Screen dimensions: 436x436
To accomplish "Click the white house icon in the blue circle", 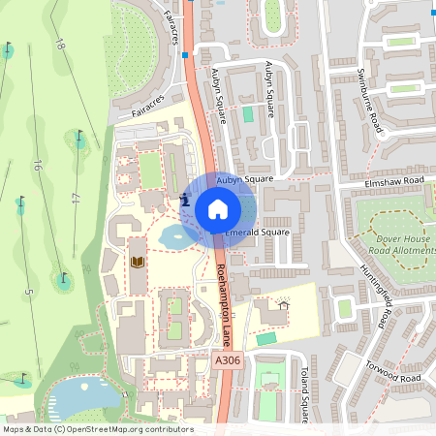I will click(x=218, y=208).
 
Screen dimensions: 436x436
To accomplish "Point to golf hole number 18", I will click(x=59, y=44).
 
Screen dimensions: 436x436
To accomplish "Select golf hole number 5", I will click(x=28, y=292).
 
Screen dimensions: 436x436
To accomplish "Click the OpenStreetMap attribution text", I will click(x=97, y=429).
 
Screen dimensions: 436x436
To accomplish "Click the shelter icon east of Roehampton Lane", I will click(x=283, y=305).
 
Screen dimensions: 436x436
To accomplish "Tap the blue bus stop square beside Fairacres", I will click(x=184, y=55).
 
